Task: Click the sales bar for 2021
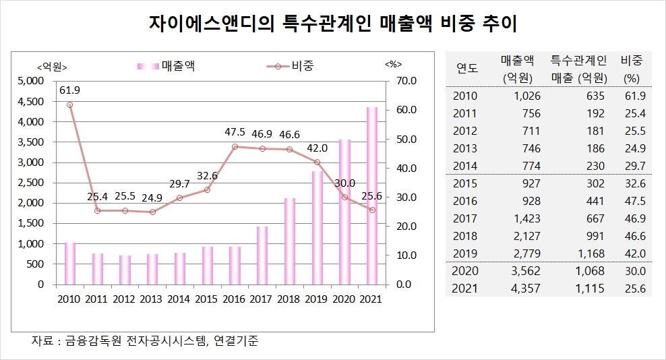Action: pyautogui.click(x=371, y=196)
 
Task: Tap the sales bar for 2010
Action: pyautogui.click(x=69, y=264)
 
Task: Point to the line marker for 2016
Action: pyautogui.click(x=235, y=146)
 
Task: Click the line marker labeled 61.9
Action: pyautogui.click(x=69, y=104)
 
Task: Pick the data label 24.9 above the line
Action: pyautogui.click(x=152, y=198)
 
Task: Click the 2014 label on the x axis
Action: pyautogui.click(x=179, y=299)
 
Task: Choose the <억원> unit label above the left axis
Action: pyautogui.click(x=52, y=65)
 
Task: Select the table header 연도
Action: pyautogui.click(x=466, y=69)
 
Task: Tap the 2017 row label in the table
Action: pyautogui.click(x=465, y=218)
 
